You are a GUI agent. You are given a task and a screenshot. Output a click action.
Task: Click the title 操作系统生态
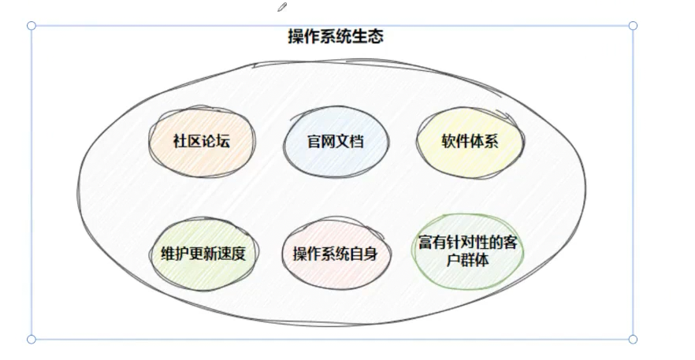[336, 36]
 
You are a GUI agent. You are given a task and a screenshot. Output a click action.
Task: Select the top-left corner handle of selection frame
[32, 26]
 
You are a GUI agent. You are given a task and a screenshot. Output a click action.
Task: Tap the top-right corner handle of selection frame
[633, 26]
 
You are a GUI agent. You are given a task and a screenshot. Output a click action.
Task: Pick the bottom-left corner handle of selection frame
[32, 340]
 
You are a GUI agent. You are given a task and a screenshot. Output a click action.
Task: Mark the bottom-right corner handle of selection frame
[633, 340]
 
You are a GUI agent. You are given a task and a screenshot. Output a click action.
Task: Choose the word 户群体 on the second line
[470, 259]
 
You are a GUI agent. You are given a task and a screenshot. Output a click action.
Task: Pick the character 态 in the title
[375, 36]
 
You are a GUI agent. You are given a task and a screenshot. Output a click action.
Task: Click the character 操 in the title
[296, 36]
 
